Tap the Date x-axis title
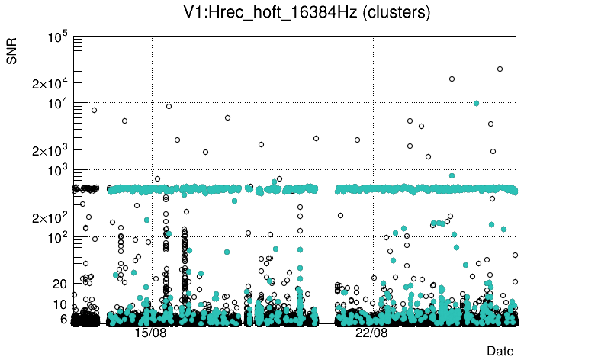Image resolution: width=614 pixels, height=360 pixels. click(x=500, y=351)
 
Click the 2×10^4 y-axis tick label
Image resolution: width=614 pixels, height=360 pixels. click(x=50, y=84)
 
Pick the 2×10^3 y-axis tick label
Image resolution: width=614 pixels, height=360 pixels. click(x=50, y=151)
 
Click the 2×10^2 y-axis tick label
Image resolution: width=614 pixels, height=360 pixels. click(x=50, y=218)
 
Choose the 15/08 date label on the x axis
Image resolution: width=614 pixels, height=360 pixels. click(x=150, y=333)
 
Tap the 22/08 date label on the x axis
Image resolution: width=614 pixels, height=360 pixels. click(x=371, y=333)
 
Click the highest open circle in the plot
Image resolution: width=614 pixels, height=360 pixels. click(x=500, y=69)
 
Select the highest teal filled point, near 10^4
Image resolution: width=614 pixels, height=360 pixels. click(x=477, y=103)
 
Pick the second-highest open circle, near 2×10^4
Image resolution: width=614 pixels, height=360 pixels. click(x=452, y=79)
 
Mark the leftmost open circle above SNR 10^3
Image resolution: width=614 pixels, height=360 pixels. click(x=94, y=110)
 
